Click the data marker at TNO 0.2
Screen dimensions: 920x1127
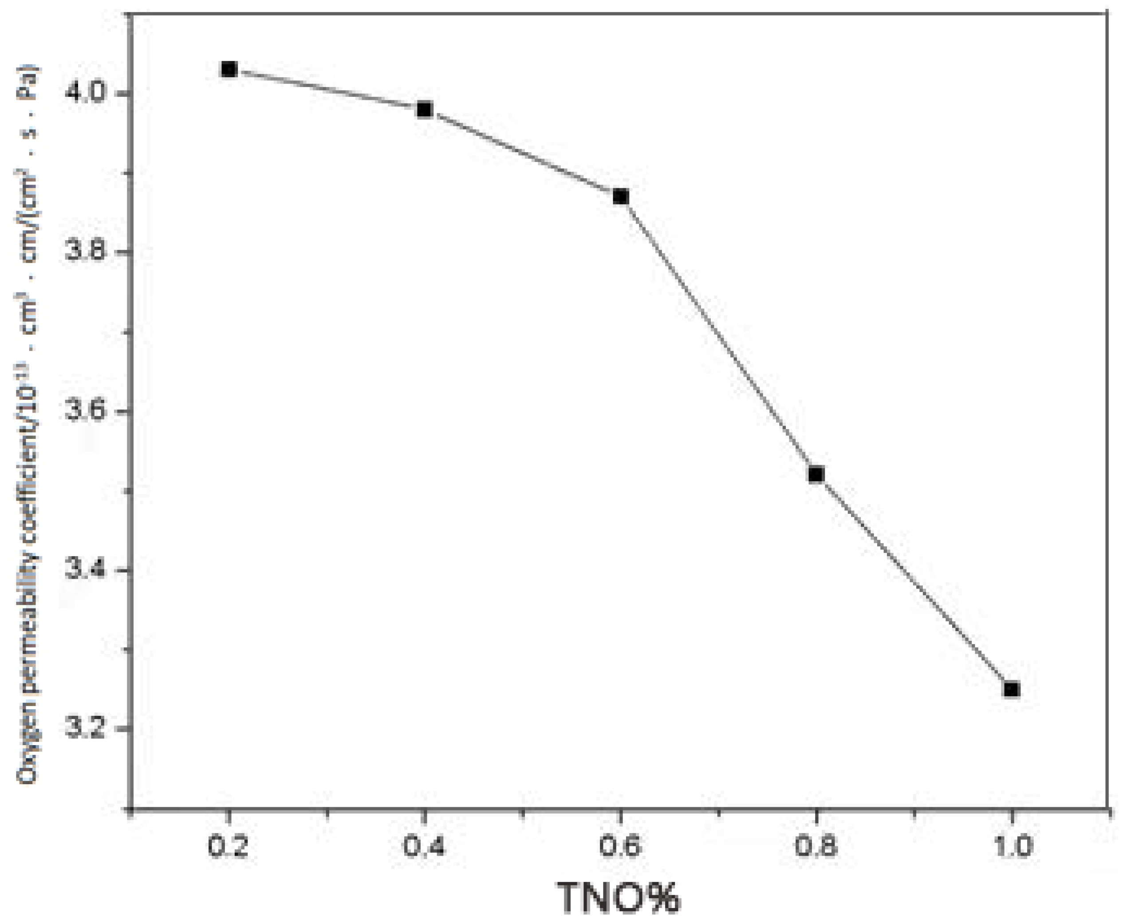tap(229, 69)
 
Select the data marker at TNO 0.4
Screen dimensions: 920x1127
tap(425, 110)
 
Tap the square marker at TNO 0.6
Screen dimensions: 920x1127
tap(620, 197)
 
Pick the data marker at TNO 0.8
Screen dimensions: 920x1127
tap(816, 474)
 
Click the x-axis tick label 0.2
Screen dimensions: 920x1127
tap(228, 847)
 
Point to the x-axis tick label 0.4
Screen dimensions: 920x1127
tap(424, 847)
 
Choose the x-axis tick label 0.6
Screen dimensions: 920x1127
tap(620, 847)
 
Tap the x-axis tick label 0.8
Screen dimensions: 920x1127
tap(816, 847)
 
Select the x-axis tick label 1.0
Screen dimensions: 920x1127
tap(1012, 847)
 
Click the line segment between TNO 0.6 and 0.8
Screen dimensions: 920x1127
tap(718, 336)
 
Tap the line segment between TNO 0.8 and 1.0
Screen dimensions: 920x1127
tap(914, 582)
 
